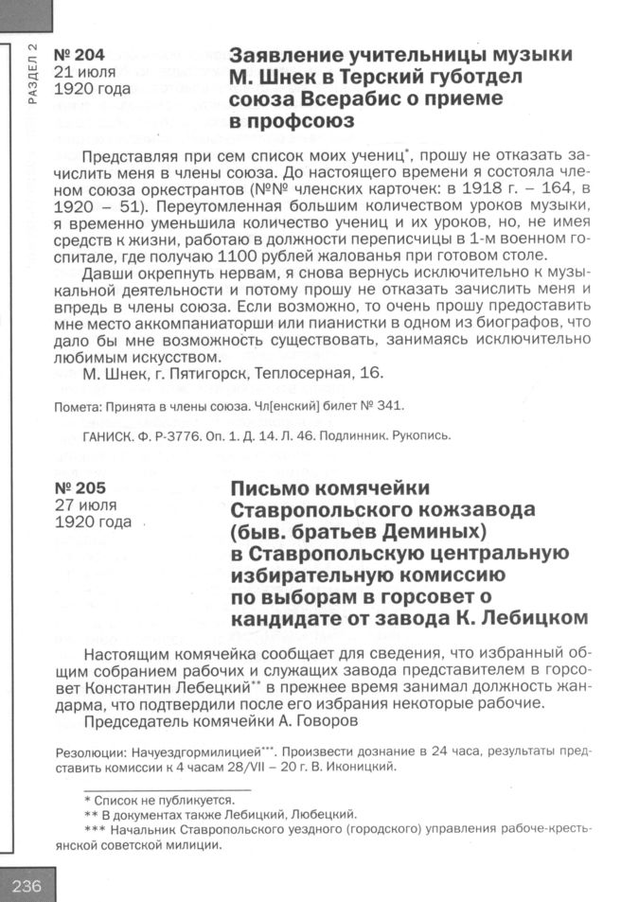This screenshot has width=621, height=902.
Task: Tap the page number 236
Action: pos(27,885)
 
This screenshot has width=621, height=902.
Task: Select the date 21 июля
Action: pos(84,72)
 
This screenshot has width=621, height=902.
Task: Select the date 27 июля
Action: pos(84,505)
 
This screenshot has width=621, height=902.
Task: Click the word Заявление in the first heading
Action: pos(288,53)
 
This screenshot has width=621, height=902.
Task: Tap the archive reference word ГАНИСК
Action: pos(111,436)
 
